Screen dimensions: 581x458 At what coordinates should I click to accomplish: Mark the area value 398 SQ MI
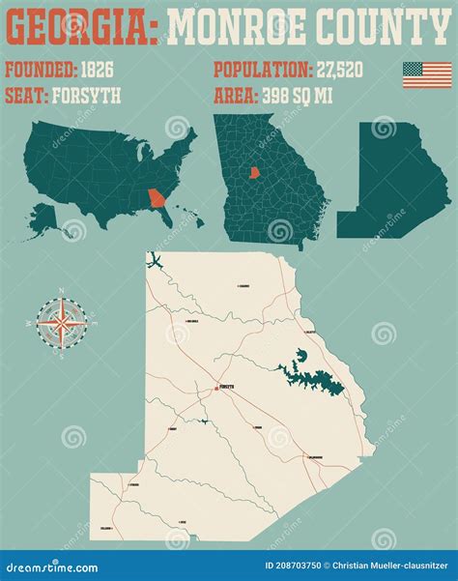tap(302, 95)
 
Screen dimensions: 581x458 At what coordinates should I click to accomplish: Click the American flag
tap(427, 75)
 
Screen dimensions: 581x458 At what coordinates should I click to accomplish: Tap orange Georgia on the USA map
tap(156, 199)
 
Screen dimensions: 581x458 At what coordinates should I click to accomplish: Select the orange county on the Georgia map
tap(256, 173)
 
